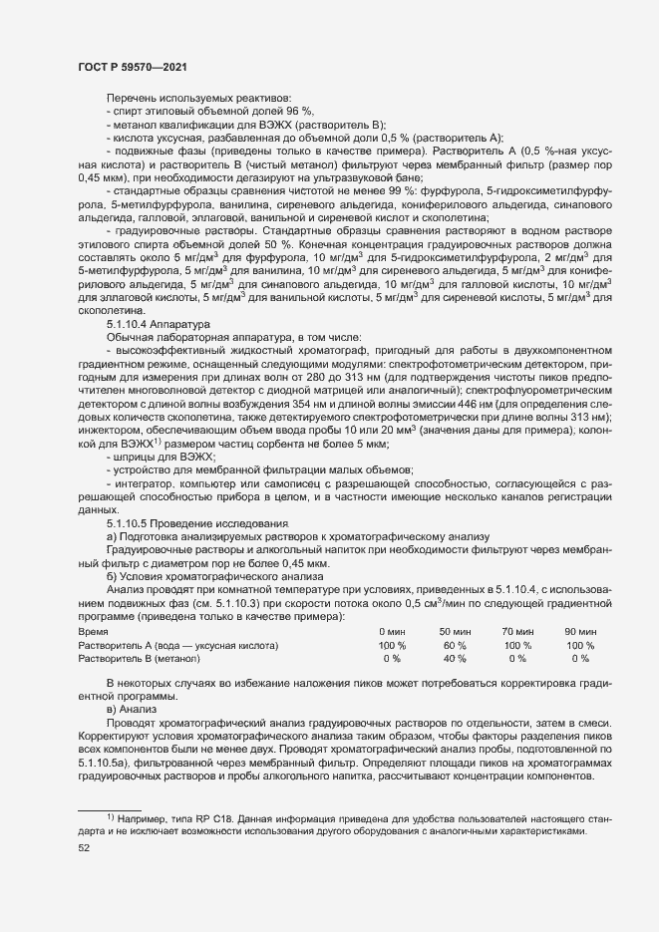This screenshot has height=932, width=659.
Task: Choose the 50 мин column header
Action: pyautogui.click(x=455, y=632)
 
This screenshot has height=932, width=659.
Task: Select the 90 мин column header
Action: pyautogui.click(x=580, y=632)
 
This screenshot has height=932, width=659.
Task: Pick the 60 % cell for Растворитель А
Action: pyautogui.click(x=455, y=646)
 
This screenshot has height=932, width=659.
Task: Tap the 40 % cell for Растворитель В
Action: pyautogui.click(x=455, y=659)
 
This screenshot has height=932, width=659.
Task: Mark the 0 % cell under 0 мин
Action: pyautogui.click(x=392, y=659)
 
